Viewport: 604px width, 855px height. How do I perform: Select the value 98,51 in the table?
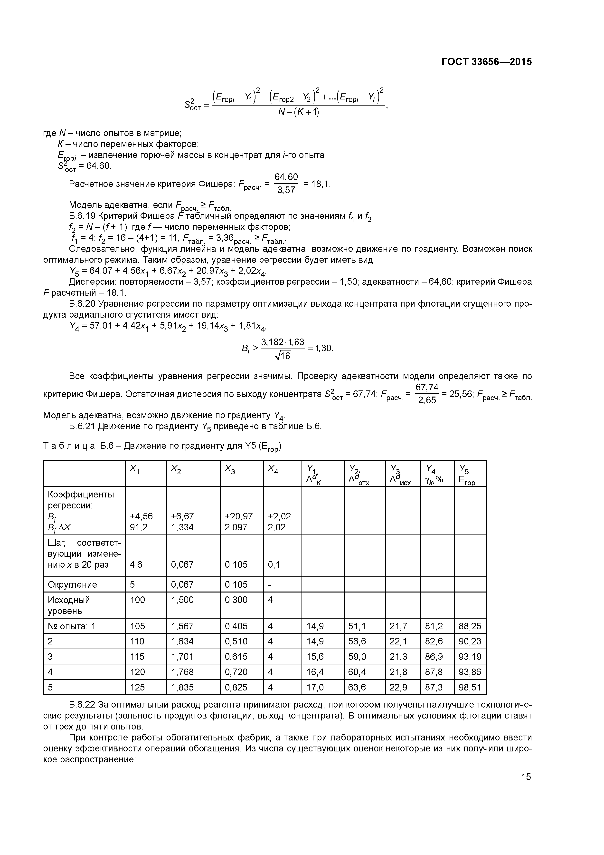pyautogui.click(x=470, y=687)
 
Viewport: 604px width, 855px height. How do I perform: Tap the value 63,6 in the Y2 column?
pyautogui.click(x=357, y=687)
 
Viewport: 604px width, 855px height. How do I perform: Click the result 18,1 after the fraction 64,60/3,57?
pyautogui.click(x=320, y=184)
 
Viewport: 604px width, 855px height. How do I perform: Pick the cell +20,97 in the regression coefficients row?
pyautogui.click(x=238, y=516)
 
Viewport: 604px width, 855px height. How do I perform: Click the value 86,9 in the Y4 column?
pyautogui.click(x=434, y=657)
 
